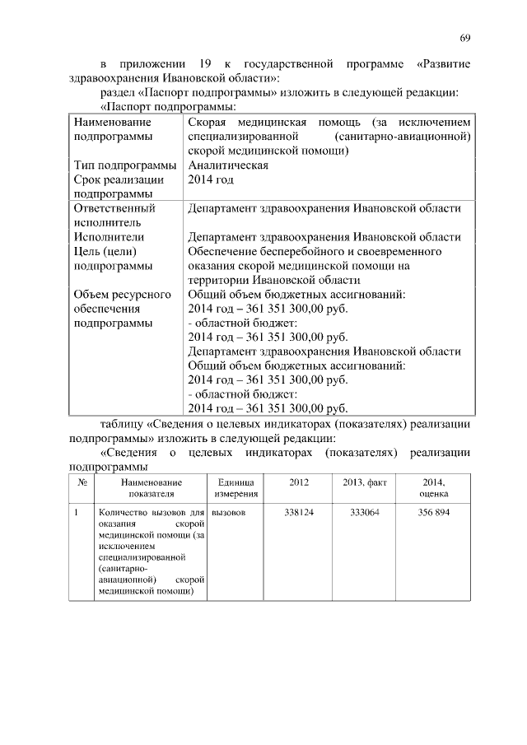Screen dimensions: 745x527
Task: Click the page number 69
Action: pos(464,39)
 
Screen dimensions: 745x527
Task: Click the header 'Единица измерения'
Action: pos(237,487)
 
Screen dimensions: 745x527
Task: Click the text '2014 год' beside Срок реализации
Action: pos(211,179)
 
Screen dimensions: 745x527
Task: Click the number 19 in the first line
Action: pos(203,63)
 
